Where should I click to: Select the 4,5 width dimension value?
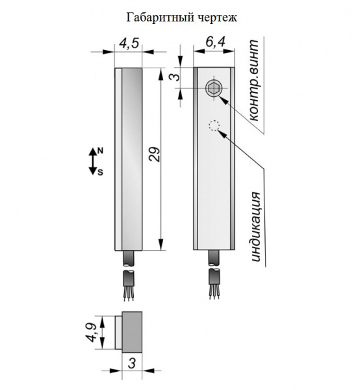pos(129,44)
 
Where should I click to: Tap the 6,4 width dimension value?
pos(215,42)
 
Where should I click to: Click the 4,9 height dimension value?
pos(92,332)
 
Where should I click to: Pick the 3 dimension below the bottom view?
pos(132,363)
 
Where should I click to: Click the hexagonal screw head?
pos(213,88)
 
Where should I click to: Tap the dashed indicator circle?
pos(214,125)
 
